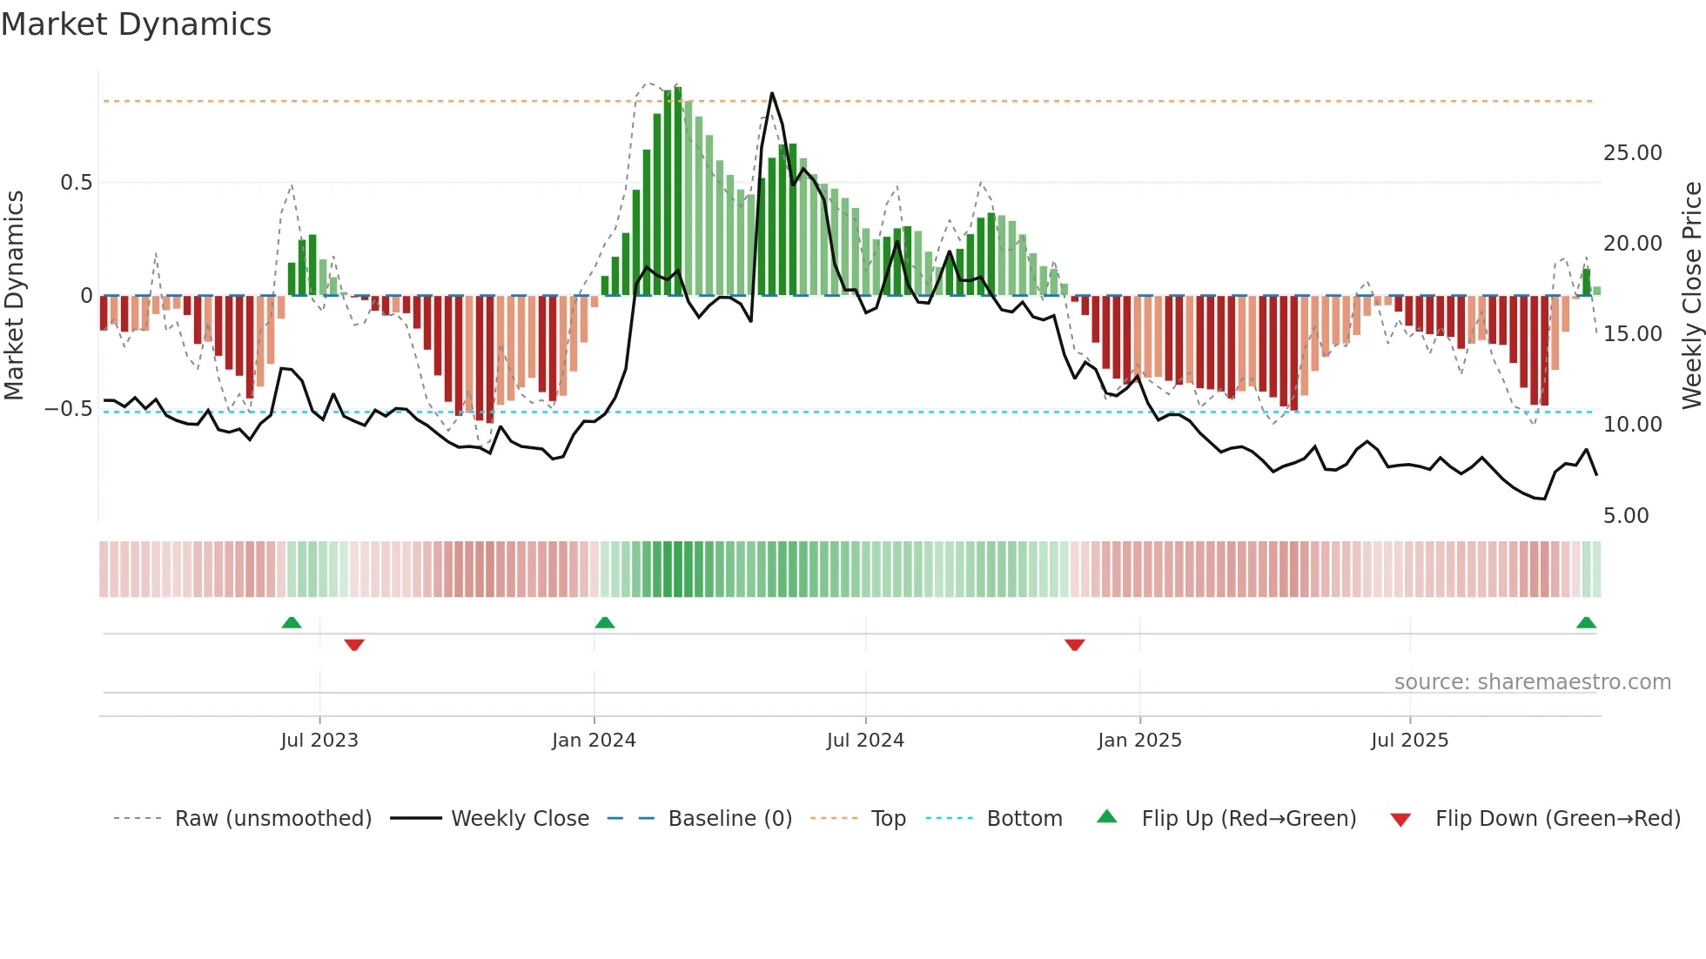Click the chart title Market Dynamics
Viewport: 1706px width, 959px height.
(136, 24)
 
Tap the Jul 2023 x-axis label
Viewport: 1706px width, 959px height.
(319, 741)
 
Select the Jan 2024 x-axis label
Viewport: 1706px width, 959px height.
(594, 741)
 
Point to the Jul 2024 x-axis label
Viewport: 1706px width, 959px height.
(865, 741)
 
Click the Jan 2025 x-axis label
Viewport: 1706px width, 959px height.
(1139, 741)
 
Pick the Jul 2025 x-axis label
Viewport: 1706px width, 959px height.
(1409, 741)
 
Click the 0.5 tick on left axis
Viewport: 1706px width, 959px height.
(76, 183)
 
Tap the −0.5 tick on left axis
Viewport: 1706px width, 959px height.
(68, 409)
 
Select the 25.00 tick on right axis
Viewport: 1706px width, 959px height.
(1632, 153)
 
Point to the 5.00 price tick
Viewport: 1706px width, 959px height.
(1626, 516)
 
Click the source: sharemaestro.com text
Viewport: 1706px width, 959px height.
(1532, 682)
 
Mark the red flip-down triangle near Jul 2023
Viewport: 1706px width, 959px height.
(353, 645)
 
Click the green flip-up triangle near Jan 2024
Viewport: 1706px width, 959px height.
(604, 622)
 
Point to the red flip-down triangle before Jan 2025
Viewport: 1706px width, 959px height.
(1074, 645)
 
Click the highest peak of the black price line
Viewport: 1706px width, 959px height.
(771, 93)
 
